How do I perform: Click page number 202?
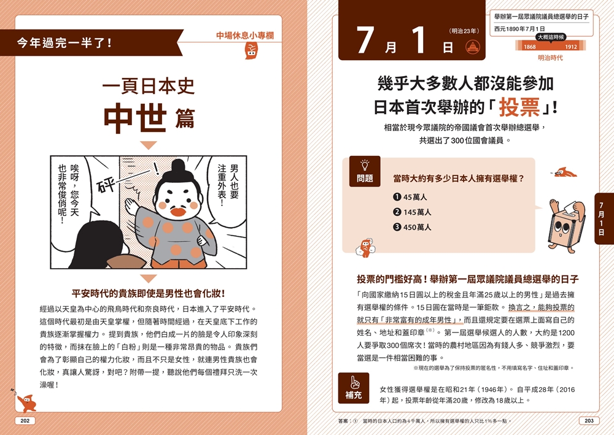(25, 421)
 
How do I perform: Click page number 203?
(588, 421)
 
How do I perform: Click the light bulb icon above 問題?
(365, 164)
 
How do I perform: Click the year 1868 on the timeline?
(529, 47)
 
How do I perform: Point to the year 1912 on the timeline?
(570, 47)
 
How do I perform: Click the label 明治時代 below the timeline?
(550, 58)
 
